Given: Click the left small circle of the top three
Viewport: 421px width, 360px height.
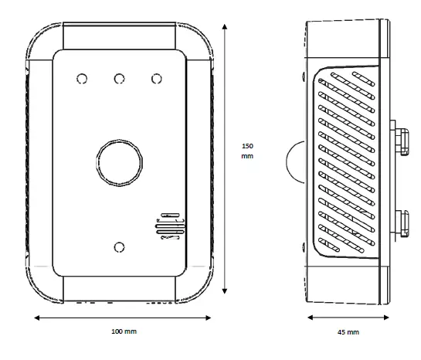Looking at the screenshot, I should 81,79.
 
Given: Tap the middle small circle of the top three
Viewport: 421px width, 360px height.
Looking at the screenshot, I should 119,79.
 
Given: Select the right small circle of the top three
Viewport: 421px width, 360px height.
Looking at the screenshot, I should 157,79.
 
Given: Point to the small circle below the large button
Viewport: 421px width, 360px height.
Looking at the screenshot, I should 119,246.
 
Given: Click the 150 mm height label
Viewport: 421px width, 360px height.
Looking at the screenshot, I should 247,151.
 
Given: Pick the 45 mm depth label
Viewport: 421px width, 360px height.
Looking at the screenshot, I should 348,331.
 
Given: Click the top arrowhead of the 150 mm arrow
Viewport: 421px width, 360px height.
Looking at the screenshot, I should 225,25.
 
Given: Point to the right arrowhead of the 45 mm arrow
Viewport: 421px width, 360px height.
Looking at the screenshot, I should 386,316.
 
